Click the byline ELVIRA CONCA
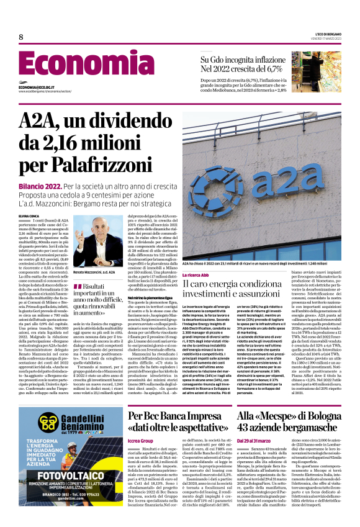31,215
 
